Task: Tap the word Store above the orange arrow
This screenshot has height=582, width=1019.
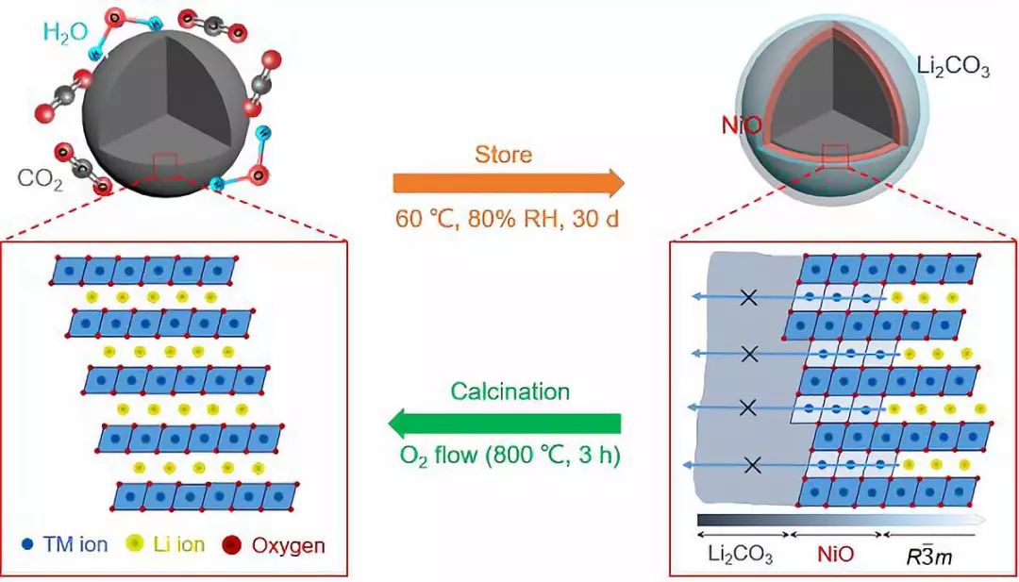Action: [x=504, y=153]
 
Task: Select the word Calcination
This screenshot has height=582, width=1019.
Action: [x=509, y=391]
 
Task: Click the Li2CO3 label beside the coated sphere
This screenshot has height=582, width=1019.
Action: [x=953, y=67]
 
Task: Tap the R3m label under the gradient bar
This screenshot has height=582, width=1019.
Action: [x=928, y=557]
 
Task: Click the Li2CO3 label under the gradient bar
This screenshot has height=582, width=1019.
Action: [x=739, y=557]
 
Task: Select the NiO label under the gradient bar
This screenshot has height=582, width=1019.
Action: [x=835, y=557]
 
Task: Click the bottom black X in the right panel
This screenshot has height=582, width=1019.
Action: [x=752, y=464]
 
